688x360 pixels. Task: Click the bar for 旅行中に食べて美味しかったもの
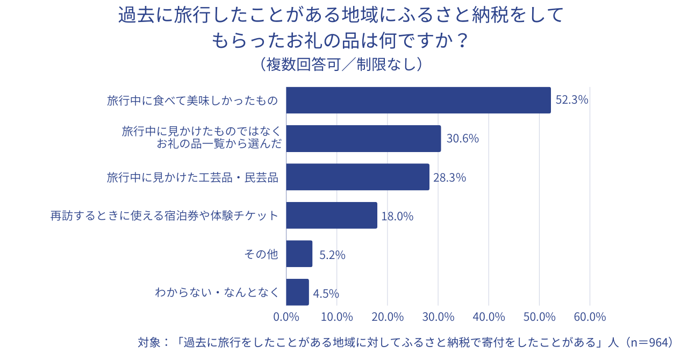tap(418, 100)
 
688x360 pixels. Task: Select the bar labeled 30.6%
tap(363, 139)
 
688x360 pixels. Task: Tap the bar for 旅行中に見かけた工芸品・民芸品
tap(357, 177)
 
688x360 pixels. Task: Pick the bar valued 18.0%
tap(332, 215)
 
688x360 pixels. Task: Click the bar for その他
tap(299, 254)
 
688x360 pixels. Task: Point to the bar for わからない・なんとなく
tap(297, 292)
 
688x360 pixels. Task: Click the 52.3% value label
tap(572, 100)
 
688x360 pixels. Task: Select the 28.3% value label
tap(449, 177)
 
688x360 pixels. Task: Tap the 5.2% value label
tap(332, 255)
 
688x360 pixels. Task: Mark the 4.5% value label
tap(326, 293)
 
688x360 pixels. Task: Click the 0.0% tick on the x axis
tap(286, 317)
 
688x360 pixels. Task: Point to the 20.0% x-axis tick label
tap(388, 317)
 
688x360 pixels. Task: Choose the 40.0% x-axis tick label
tap(489, 317)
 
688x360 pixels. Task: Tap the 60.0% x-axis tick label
tap(590, 317)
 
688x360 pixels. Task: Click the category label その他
tap(261, 254)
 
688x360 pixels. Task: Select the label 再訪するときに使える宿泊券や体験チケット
tap(164, 216)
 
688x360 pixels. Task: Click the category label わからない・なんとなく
tap(217, 293)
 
